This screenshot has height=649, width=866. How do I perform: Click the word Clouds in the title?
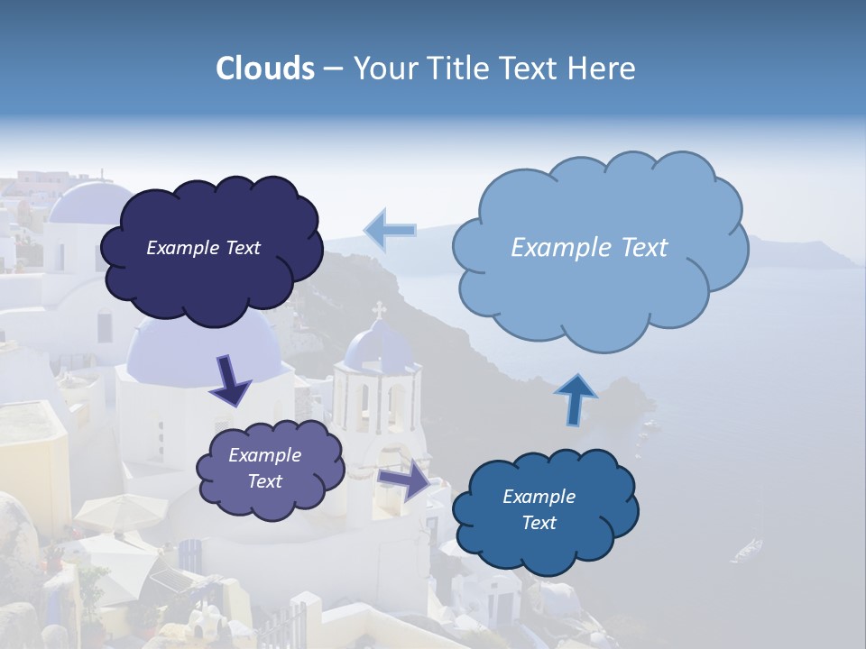(x=265, y=69)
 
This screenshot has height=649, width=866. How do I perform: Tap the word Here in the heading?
(x=604, y=69)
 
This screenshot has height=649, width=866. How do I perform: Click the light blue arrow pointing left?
(x=391, y=230)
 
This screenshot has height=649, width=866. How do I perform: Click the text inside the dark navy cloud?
(x=203, y=248)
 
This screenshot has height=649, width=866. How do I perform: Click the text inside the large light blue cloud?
(x=589, y=248)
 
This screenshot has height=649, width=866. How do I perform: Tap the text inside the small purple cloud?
(x=265, y=468)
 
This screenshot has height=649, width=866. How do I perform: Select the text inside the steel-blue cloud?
(x=539, y=509)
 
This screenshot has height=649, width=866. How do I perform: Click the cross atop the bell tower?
(x=379, y=310)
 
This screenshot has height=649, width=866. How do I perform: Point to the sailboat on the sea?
(x=747, y=548)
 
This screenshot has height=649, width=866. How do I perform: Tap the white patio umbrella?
(x=108, y=511)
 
